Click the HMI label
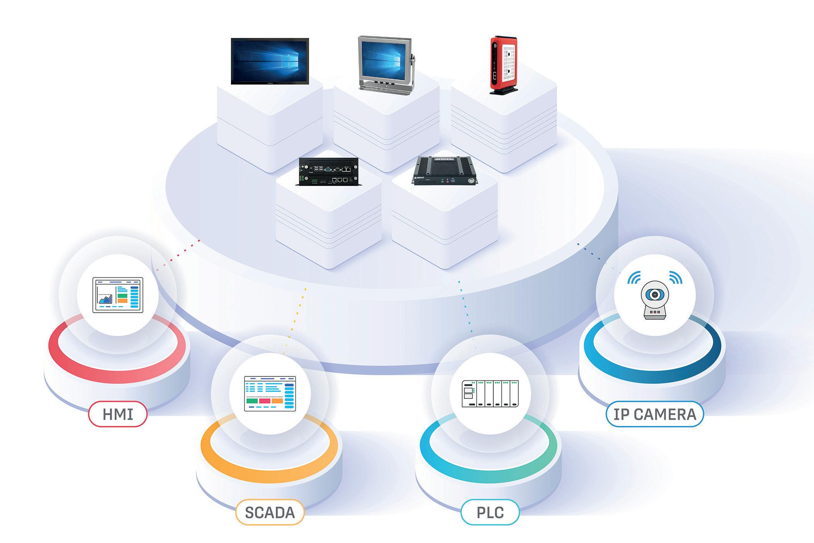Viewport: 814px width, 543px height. click(118, 414)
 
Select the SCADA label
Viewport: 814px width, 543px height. click(270, 512)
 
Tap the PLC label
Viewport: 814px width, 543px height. click(490, 512)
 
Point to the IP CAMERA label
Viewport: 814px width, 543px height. click(654, 414)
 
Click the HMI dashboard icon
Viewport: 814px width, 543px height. click(118, 294)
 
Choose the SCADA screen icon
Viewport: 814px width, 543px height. click(270, 393)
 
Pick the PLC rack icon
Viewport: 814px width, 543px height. click(490, 393)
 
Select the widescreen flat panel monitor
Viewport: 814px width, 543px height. click(270, 61)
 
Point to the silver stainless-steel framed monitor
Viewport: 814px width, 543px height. click(384, 62)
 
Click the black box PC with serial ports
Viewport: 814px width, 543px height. click(328, 172)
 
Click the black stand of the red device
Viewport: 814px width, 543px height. click(504, 91)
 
